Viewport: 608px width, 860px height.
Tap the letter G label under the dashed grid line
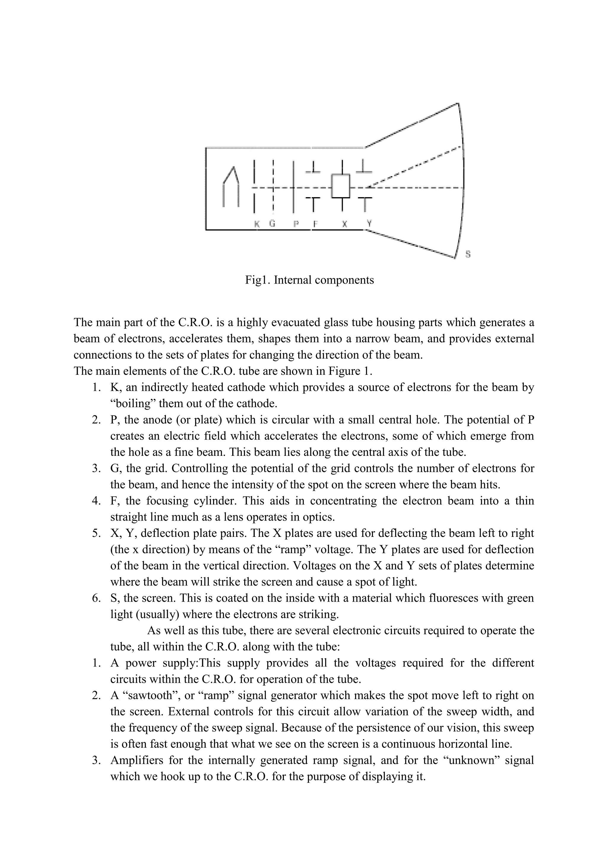coord(273,224)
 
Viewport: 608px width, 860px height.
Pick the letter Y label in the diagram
coord(369,223)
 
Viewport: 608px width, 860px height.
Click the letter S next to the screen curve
coord(468,254)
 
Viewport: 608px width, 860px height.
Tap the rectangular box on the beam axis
coord(340,186)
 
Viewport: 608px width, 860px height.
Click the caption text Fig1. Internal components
coord(309,280)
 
